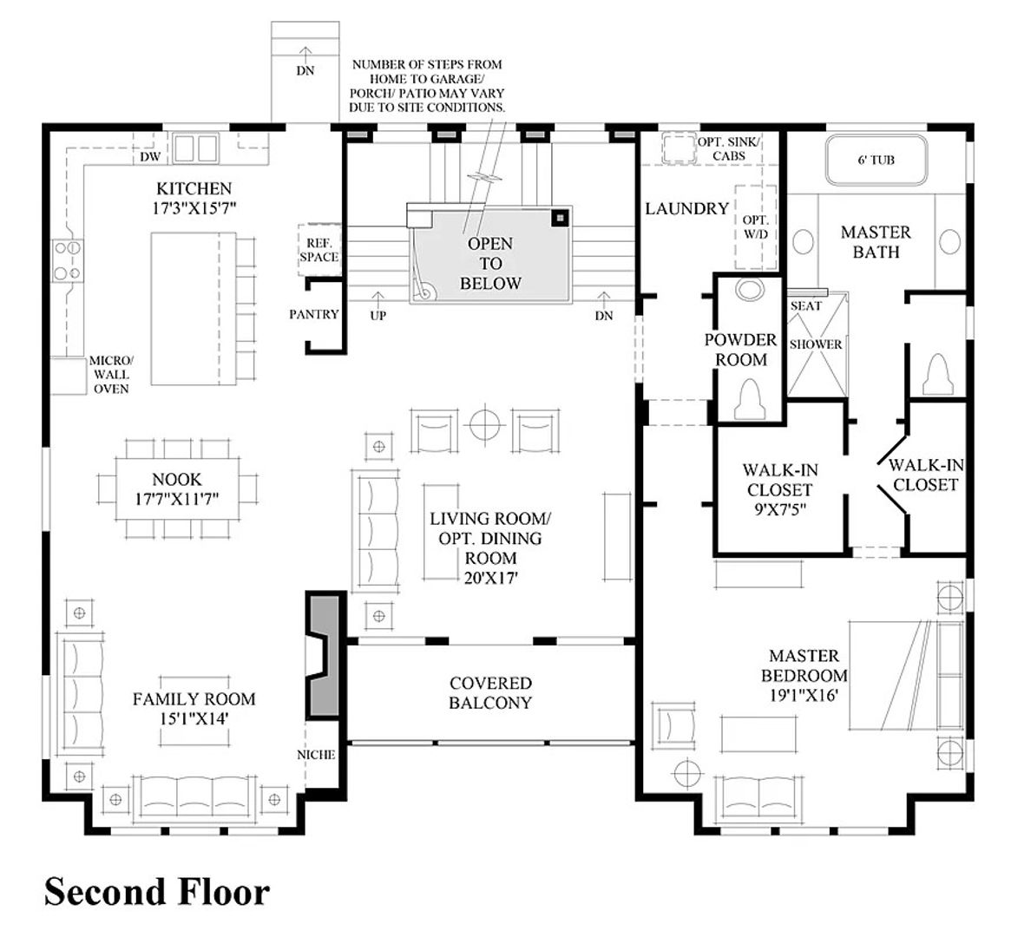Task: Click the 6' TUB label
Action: (876, 160)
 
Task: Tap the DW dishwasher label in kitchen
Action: (150, 156)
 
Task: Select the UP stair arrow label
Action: (377, 315)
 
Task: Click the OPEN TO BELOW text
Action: (490, 263)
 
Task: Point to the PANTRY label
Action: (314, 314)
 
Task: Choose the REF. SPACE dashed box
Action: (319, 250)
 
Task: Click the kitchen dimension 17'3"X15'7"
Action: (194, 209)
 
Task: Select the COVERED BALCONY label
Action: (490, 692)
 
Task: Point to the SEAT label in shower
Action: (806, 306)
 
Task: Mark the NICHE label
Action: (316, 755)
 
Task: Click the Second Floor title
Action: (157, 893)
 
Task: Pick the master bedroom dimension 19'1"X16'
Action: (804, 695)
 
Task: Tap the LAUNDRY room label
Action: (686, 209)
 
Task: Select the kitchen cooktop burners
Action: (67, 260)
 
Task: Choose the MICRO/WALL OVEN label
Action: (111, 375)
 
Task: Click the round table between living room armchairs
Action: (485, 424)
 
